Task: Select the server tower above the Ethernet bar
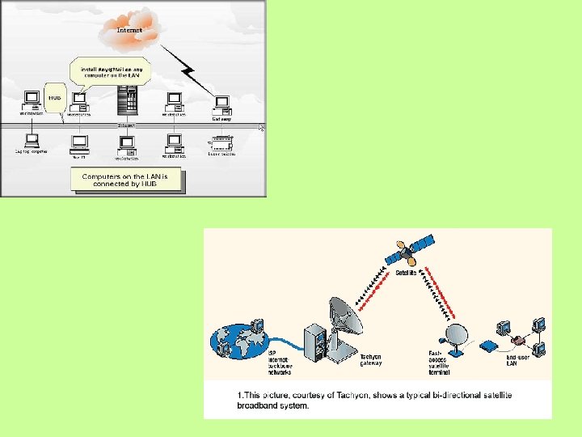[126, 102]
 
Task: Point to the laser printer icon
[221, 143]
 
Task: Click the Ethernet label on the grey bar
[127, 125]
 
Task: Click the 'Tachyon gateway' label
[371, 359]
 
